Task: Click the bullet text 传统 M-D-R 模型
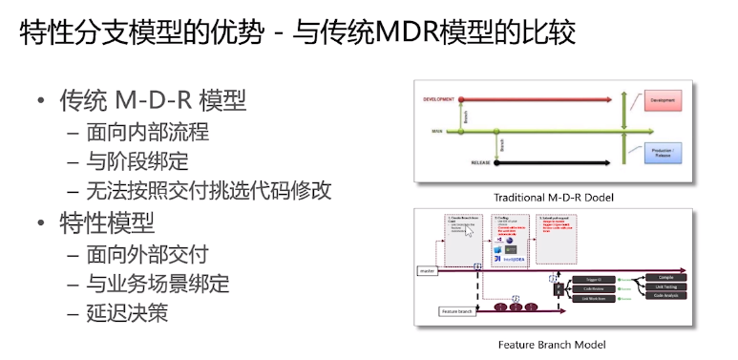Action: click(153, 100)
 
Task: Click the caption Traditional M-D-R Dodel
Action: click(553, 198)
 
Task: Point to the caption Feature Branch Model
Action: click(552, 344)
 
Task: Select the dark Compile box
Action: click(665, 277)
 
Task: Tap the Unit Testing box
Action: click(665, 287)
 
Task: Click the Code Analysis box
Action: click(665, 297)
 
